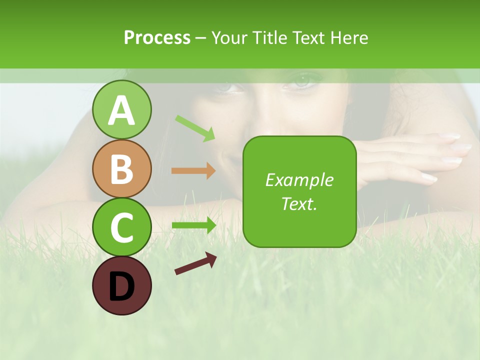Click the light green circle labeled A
coord(121,109)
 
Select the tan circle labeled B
coord(121,168)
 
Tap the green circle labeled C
coord(121,227)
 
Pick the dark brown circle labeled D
coord(121,285)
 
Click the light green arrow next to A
coord(195,128)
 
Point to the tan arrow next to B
coord(193,171)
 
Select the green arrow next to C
coord(193,225)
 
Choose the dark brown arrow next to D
coord(195,264)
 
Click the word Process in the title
coord(157,38)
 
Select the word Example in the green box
coord(299,180)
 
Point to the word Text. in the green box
coord(299,203)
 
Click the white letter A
coord(121,110)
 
